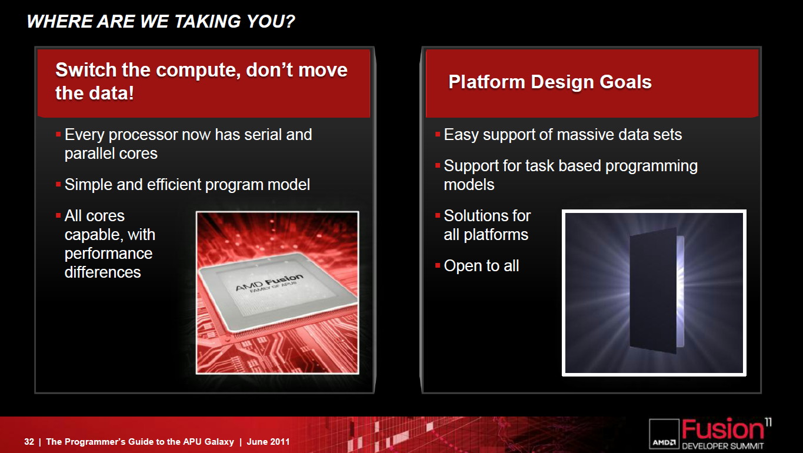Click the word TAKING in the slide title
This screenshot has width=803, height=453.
pos(208,22)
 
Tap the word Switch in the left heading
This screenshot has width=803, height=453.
pos(86,69)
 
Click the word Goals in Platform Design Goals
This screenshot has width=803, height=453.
pos(625,82)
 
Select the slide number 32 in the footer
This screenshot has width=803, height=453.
pos(29,442)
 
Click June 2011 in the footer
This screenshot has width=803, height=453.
pos(268,442)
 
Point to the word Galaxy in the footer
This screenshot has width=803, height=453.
pos(219,442)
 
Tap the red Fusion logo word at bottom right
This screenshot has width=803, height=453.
pos(722,429)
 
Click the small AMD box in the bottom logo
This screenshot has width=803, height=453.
pos(664,434)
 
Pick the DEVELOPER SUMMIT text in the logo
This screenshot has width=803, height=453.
pos(722,446)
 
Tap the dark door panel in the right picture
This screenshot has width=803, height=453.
pos(653,290)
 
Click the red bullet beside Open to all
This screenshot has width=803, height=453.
pos(437,265)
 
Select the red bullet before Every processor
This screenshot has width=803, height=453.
pos(58,134)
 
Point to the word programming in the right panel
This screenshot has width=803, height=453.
pos(651,166)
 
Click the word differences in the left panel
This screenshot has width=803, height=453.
pos(102,272)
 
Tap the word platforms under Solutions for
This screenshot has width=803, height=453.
pos(496,235)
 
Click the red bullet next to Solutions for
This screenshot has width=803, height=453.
pos(437,215)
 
